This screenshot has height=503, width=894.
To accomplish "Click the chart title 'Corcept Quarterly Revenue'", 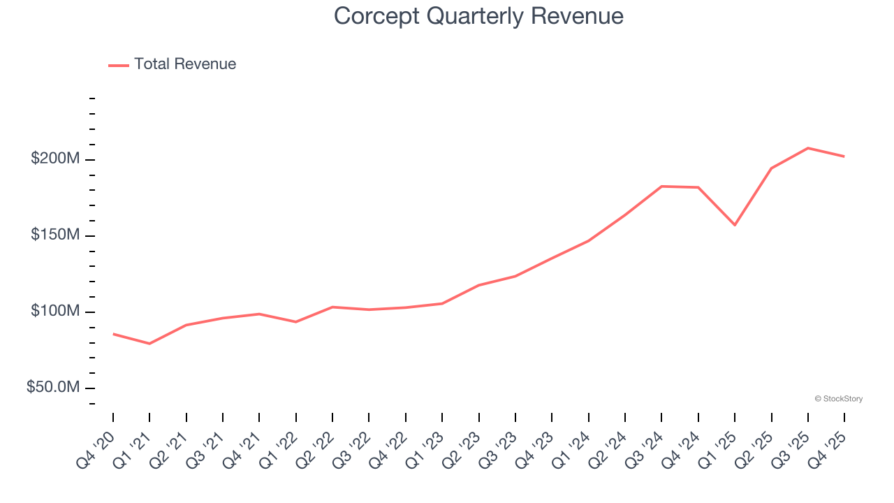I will click(x=478, y=16).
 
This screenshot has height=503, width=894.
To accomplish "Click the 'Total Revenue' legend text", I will click(x=185, y=64).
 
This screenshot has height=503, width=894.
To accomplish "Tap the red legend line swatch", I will click(x=119, y=65).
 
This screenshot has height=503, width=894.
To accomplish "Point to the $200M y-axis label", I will click(x=55, y=159).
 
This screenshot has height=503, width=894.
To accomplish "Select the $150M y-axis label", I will click(x=55, y=235).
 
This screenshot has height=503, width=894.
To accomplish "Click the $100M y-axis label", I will click(x=55, y=312).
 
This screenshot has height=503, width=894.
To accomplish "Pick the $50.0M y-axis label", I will click(x=53, y=388).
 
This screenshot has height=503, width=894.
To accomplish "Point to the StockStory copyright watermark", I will click(x=838, y=399).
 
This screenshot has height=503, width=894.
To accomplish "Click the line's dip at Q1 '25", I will click(x=735, y=225).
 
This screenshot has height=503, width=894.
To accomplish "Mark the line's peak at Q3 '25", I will click(x=808, y=148).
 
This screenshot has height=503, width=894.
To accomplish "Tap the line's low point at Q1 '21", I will click(x=149, y=344).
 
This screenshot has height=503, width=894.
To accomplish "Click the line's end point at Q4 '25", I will click(x=844, y=156).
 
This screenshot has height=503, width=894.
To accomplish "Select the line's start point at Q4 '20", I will click(x=113, y=334).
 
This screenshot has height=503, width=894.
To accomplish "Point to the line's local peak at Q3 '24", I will click(x=661, y=187).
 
